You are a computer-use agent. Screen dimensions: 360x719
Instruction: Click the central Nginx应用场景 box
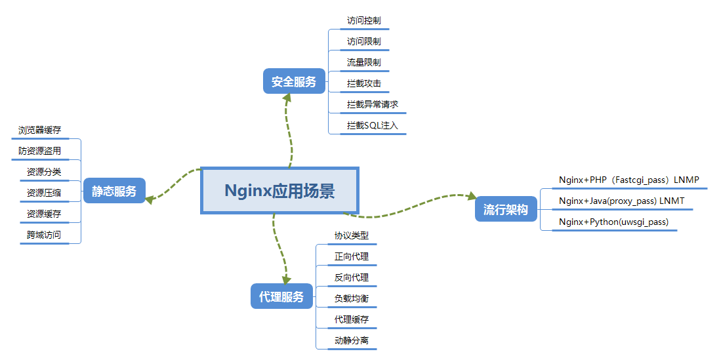[279, 191]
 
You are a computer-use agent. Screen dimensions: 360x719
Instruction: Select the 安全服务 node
[294, 82]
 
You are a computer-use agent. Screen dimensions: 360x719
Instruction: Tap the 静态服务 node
[114, 191]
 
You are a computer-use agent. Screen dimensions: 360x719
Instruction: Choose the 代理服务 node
[281, 296]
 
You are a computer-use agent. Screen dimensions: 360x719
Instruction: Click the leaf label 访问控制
[363, 20]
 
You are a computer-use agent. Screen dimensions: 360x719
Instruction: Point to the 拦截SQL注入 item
[372, 125]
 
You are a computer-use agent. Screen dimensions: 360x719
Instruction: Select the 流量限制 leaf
[363, 62]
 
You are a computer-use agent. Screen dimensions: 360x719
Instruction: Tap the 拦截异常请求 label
[372, 104]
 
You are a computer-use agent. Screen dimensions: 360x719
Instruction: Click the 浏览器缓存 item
[39, 130]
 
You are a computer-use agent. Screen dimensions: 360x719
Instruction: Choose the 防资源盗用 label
[39, 151]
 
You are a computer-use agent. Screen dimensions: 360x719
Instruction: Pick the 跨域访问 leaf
[43, 234]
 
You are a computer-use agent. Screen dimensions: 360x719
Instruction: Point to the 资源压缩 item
[43, 193]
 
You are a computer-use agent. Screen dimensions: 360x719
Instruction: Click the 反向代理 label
[351, 277]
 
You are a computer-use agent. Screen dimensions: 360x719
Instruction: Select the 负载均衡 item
[351, 298]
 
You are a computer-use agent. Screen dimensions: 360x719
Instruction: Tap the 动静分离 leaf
[351, 340]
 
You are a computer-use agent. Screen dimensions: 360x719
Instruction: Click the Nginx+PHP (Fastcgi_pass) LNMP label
[628, 180]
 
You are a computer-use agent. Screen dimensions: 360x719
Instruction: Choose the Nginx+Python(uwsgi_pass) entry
[613, 222]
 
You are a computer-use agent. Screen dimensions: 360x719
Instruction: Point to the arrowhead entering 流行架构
[471, 196]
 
